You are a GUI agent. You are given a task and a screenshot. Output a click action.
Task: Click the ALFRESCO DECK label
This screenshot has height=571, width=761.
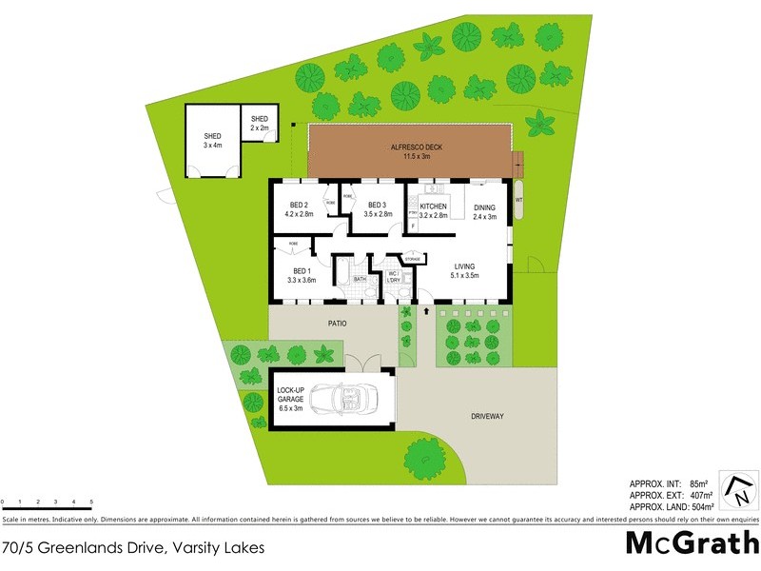(x=417, y=148)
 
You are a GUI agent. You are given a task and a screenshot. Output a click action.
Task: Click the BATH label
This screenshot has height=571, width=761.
(x=360, y=280)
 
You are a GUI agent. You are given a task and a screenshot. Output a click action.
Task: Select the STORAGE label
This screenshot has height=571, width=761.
(x=412, y=258)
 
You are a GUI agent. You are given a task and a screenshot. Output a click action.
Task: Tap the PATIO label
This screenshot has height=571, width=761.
(x=338, y=324)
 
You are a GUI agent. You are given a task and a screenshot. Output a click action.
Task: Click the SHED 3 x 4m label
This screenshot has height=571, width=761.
(x=212, y=140)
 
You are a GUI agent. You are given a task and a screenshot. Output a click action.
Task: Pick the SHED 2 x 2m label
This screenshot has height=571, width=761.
(x=260, y=123)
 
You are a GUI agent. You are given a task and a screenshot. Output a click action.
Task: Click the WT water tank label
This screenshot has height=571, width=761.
(x=518, y=201)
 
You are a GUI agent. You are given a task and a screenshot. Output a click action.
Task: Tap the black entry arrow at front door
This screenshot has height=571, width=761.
(x=426, y=310)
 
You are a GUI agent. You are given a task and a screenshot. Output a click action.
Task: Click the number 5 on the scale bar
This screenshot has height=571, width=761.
(x=92, y=501)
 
